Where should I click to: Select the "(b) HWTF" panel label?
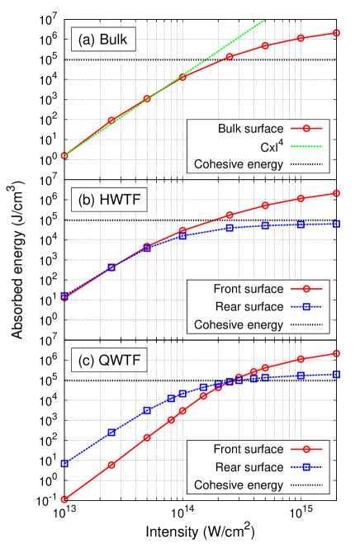coord(111,199)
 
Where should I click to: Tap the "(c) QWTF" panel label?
coord(111,360)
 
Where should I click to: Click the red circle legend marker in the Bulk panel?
coord(306,129)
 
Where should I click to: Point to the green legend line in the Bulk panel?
coord(306,146)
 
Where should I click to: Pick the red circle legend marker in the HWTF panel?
coord(306,289)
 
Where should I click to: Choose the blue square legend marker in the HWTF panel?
coord(306,307)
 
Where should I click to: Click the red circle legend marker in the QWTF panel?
coord(306,449)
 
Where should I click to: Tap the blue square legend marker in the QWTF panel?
coord(306,467)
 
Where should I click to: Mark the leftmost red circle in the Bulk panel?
coord(64,155)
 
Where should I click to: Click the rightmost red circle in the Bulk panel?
coord(337,33)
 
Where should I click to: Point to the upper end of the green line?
coord(264,21)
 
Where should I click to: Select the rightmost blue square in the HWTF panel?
coord(337,224)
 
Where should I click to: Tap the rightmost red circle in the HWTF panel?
coord(337,193)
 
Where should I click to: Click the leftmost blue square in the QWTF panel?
coord(64,463)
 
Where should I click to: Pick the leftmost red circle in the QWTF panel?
coord(64,499)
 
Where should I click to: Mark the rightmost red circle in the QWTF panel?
coord(337,353)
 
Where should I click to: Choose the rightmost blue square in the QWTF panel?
coord(337,374)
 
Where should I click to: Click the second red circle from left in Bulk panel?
coord(111,121)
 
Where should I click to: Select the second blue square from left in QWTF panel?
coord(111,432)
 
